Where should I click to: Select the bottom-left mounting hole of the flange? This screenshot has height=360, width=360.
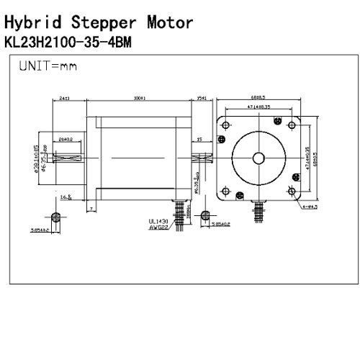[226, 190]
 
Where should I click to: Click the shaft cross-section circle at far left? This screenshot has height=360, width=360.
[56, 217]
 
